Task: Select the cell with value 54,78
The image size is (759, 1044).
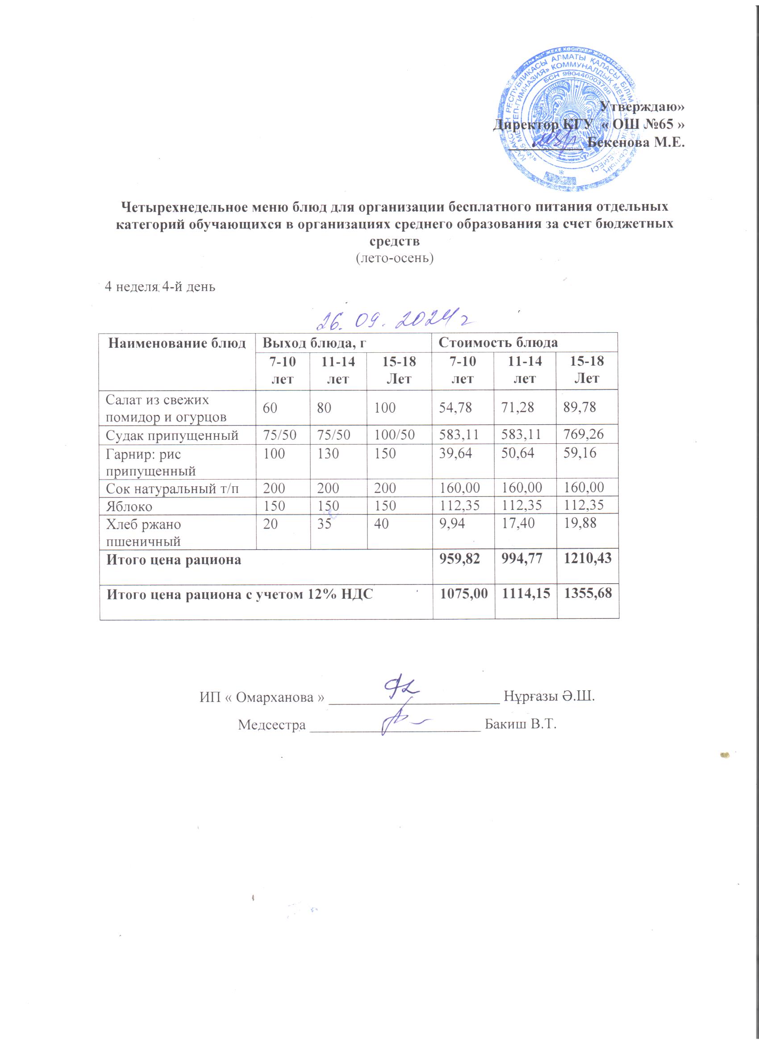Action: (455, 408)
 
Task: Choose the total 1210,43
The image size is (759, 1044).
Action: (587, 558)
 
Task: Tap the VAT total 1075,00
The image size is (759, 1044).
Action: (463, 593)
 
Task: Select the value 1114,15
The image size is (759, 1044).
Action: (525, 593)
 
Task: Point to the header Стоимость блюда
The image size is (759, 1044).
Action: (498, 342)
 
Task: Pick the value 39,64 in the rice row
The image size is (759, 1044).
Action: (455, 453)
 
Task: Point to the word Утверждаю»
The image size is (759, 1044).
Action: (642, 107)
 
